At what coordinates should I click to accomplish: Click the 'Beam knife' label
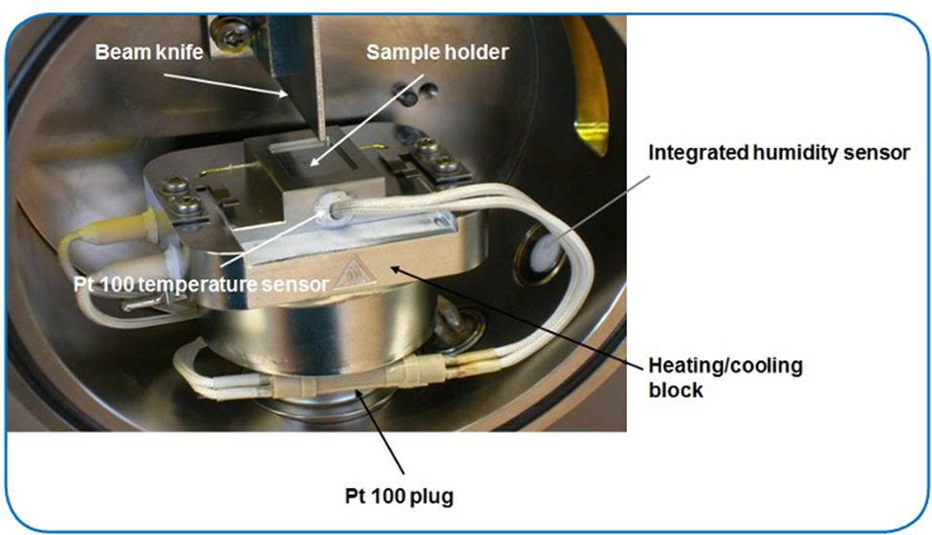point(149,52)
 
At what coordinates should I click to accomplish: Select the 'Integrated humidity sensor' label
point(778,153)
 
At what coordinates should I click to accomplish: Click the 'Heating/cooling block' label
point(726,377)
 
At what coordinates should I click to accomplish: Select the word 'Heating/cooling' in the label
point(726,366)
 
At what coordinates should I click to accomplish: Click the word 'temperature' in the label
point(219,283)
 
